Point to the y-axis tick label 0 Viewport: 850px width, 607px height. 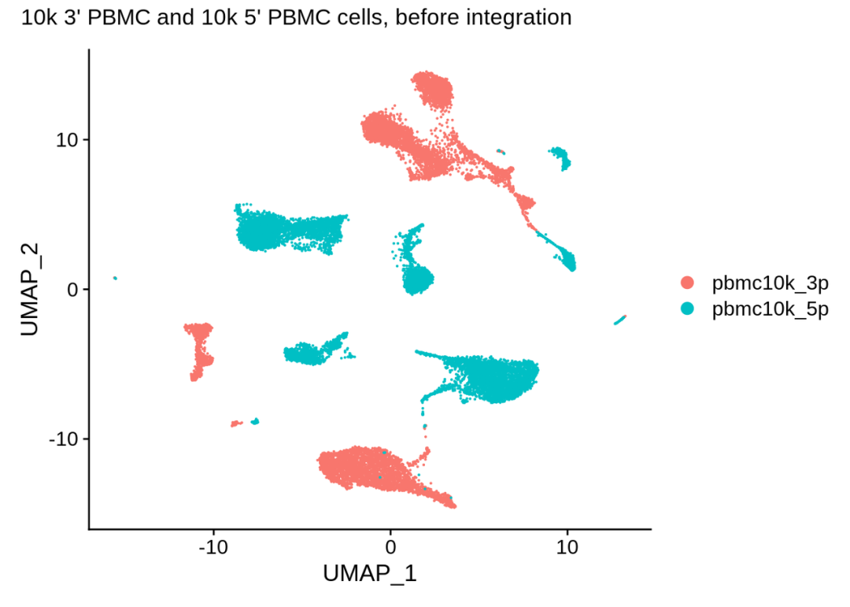[x=72, y=289]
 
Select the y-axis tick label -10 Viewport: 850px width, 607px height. [x=65, y=439]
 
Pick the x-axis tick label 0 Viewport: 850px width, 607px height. [x=390, y=546]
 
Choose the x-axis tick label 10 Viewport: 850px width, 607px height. [x=567, y=546]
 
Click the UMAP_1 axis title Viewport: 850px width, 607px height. [x=370, y=574]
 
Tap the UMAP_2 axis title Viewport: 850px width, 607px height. [x=30, y=290]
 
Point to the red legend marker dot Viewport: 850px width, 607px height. [x=688, y=283]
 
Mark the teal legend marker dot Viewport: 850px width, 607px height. [x=688, y=309]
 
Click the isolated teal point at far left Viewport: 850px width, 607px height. [x=115, y=278]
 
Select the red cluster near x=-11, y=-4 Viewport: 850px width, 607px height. [x=201, y=350]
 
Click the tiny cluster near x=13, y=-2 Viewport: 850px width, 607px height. [x=620, y=320]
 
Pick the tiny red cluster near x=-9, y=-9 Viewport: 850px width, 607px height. [x=235, y=424]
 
